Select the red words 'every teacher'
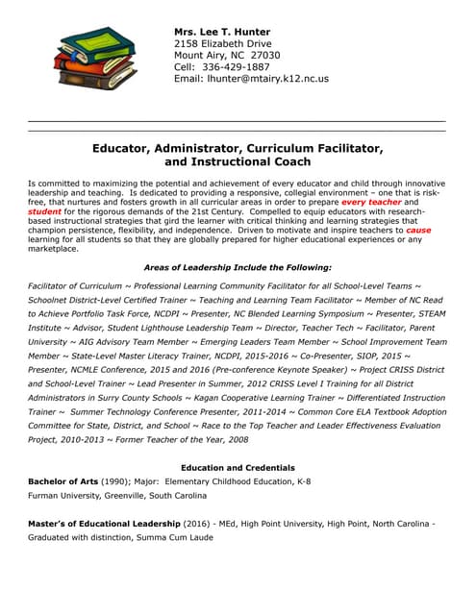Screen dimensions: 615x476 (370, 203)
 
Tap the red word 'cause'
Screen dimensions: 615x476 (418, 230)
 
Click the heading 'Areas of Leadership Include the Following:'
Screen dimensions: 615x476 (238, 266)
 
